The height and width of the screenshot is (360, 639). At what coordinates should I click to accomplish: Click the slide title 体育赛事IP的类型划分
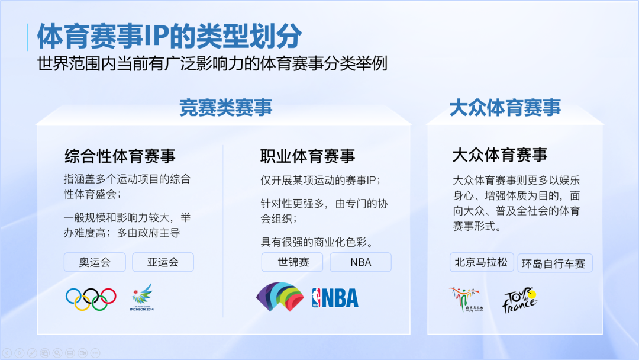170,36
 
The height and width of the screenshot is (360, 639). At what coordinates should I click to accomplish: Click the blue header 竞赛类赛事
226,108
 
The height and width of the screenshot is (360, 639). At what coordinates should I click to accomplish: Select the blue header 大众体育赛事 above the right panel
505,108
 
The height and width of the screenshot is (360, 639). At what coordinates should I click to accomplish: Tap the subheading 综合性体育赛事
120,156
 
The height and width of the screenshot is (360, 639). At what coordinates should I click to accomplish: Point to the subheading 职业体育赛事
308,156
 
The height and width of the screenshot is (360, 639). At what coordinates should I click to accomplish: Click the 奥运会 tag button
95,262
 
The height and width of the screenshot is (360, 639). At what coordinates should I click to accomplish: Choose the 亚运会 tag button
163,262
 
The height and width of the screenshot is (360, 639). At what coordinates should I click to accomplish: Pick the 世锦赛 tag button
292,262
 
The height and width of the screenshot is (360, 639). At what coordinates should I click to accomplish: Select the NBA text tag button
361,262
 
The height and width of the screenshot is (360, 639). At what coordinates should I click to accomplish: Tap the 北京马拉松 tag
481,262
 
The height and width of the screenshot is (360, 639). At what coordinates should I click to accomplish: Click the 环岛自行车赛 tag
554,263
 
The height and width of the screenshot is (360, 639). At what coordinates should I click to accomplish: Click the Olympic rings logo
91,299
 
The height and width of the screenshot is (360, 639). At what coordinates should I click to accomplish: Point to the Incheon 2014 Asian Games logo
142,297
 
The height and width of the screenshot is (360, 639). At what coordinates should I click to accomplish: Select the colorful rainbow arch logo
280,297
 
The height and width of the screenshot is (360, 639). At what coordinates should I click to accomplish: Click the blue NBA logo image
335,298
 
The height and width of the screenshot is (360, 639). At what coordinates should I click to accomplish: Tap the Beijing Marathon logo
466,299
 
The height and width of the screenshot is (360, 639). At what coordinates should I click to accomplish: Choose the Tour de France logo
519,300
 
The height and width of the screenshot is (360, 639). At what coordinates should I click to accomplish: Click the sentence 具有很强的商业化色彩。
317,242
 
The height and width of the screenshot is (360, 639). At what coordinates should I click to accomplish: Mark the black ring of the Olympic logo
91,295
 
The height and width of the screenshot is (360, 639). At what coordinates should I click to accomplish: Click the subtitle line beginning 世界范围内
212,63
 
